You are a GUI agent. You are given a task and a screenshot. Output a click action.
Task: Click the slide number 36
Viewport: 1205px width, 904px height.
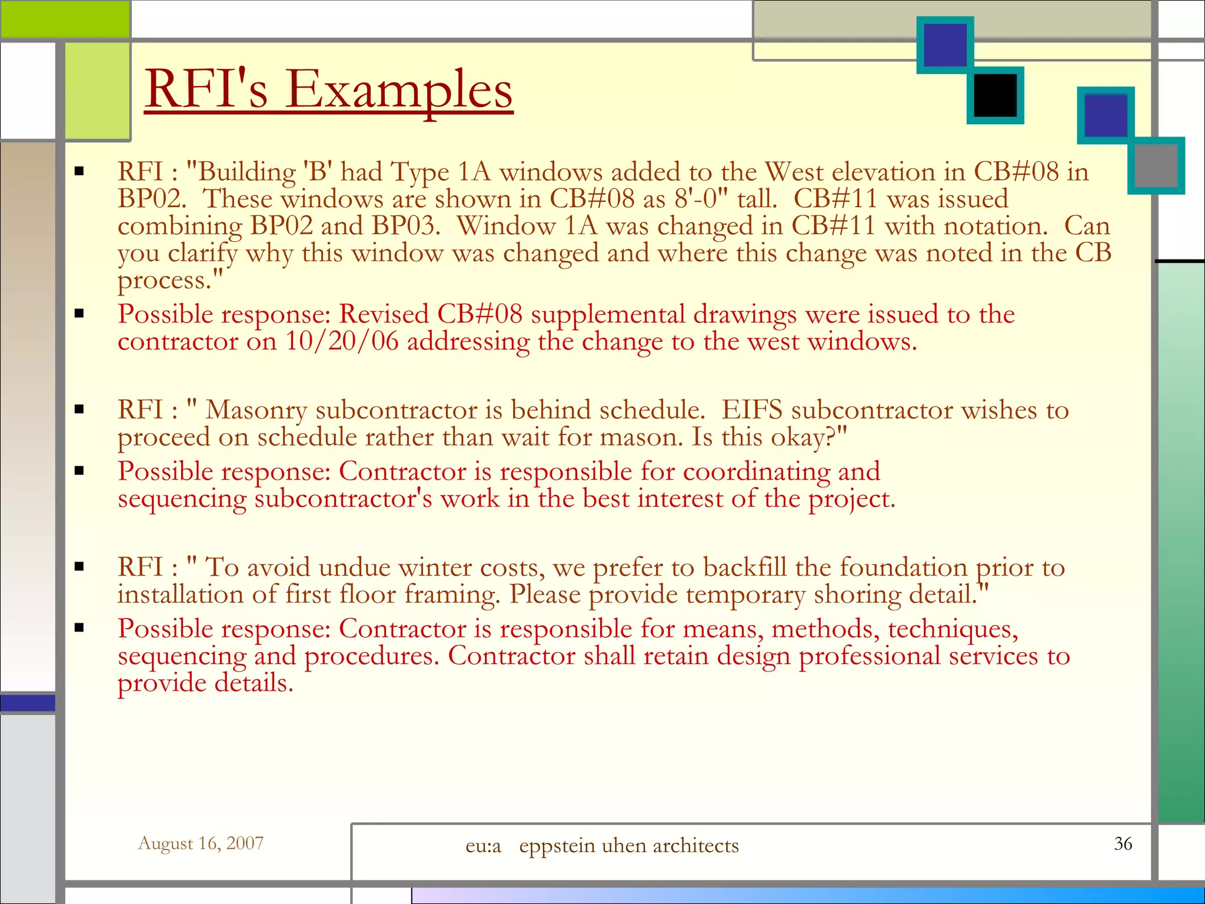(1123, 843)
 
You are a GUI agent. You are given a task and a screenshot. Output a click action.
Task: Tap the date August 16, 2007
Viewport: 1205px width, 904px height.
(201, 843)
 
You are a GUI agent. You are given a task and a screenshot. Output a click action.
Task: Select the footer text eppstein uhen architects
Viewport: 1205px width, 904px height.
(628, 846)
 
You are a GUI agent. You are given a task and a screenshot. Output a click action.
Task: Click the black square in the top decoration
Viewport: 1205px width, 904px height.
(995, 95)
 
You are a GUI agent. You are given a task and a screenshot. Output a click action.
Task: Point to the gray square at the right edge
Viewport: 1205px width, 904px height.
(1156, 165)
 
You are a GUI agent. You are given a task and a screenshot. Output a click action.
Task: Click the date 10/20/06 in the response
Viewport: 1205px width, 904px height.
(342, 341)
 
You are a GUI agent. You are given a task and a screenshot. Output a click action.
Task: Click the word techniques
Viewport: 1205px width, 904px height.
(952, 629)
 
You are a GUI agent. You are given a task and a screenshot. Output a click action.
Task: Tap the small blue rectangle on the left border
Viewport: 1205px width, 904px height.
(28, 703)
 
